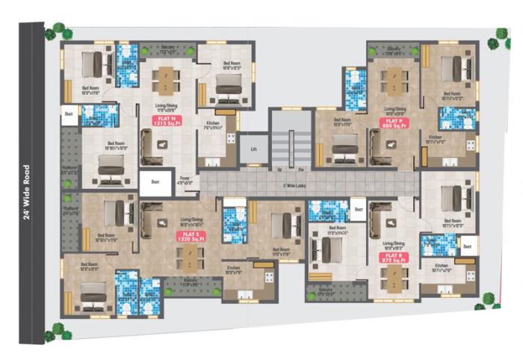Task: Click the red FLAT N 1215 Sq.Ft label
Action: (x=163, y=120)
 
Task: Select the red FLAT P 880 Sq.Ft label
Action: (x=393, y=123)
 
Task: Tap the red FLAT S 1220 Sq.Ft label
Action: (x=188, y=238)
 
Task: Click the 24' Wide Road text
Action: (x=27, y=192)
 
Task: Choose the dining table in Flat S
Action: (x=191, y=260)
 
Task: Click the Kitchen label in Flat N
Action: (x=211, y=124)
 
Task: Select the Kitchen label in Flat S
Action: (x=233, y=268)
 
